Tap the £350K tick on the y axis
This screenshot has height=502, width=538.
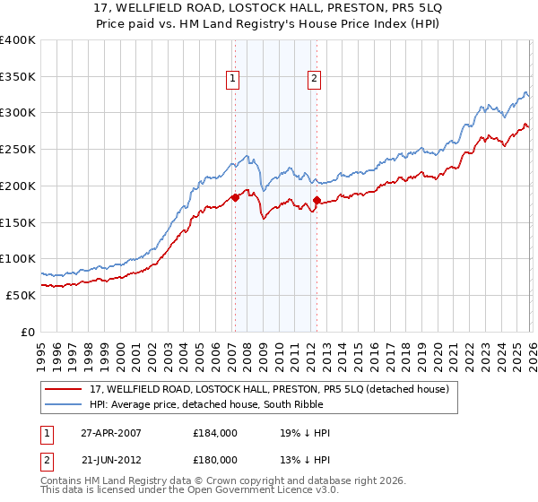click(x=18, y=76)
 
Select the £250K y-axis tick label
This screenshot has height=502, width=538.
click(x=18, y=149)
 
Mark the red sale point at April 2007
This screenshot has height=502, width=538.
click(x=235, y=197)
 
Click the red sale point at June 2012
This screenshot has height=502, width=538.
click(x=317, y=200)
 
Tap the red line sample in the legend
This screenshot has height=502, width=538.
click(x=65, y=388)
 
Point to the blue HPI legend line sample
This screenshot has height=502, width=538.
click(x=65, y=404)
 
